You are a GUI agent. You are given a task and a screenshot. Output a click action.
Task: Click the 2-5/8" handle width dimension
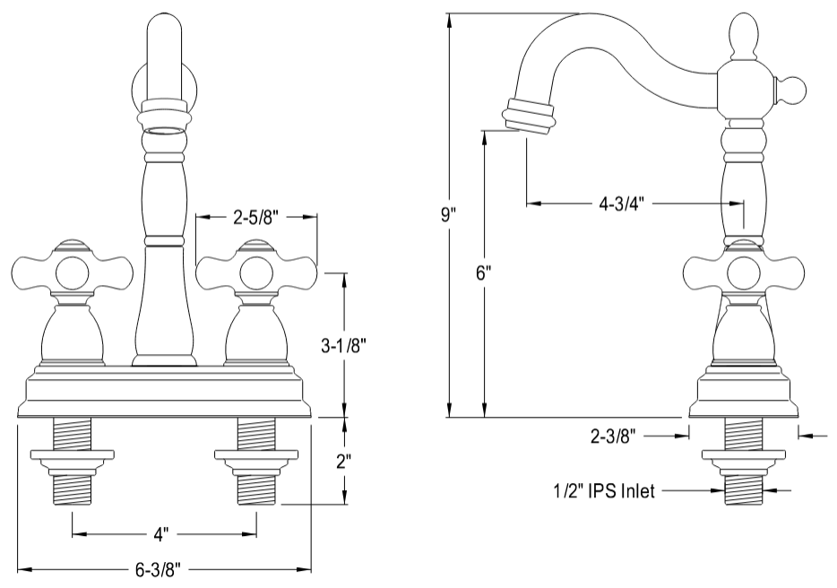(257, 216)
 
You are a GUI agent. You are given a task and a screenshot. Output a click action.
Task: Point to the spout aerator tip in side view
(528, 117)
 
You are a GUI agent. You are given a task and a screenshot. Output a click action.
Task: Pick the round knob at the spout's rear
(794, 87)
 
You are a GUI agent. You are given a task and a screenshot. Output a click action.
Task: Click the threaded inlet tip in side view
(743, 489)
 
